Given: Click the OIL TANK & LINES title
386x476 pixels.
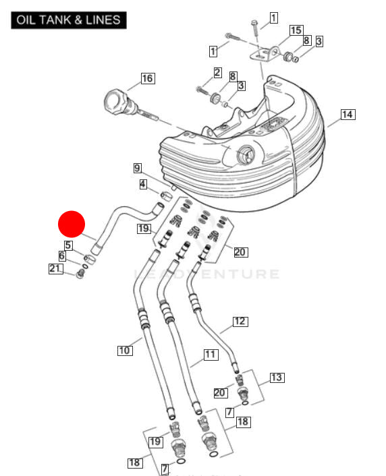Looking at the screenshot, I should (x=69, y=20).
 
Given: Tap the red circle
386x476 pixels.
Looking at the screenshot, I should (x=71, y=224).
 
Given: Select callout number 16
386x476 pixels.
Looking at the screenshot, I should (x=147, y=79).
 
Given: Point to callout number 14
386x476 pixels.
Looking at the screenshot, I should (x=347, y=115).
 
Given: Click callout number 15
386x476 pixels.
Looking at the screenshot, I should (x=296, y=30).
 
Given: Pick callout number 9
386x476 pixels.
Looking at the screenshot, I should (x=137, y=168).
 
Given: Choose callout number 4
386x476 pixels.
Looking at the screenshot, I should (x=143, y=183).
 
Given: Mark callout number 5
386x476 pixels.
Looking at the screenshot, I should (x=68, y=245).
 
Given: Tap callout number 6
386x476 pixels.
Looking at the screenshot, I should (x=62, y=256).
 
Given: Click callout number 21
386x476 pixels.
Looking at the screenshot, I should (x=55, y=269).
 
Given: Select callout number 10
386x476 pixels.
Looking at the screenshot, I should (x=124, y=350).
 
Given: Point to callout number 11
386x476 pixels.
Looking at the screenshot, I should (x=210, y=353).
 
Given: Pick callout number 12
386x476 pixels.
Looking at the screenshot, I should (x=240, y=321).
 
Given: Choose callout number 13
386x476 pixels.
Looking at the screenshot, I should (x=277, y=377).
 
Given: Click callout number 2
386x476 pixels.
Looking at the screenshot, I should (x=217, y=72).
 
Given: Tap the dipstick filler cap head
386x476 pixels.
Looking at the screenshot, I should (x=113, y=105).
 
